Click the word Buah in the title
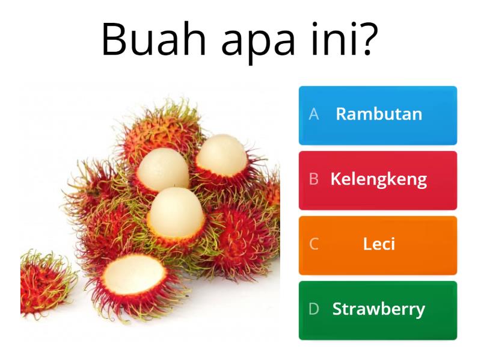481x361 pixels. (155, 39)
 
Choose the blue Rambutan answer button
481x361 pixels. (378, 116)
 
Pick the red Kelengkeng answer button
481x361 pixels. (378, 180)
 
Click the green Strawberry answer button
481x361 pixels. (378, 310)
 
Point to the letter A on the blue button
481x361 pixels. (313, 114)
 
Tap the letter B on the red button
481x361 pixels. (313, 179)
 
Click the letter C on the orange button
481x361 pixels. (313, 244)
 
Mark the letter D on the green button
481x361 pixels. (313, 309)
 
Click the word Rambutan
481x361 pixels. (379, 114)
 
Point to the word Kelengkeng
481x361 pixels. (379, 179)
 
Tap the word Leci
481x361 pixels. (379, 244)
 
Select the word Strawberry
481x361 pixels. (379, 309)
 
